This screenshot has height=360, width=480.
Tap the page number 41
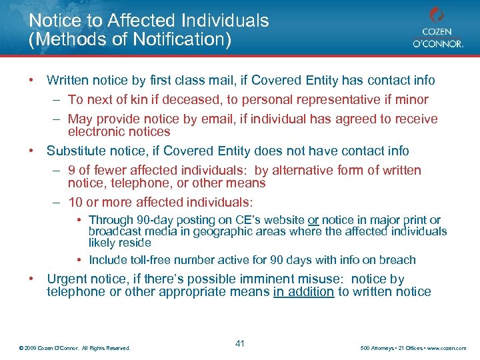240,343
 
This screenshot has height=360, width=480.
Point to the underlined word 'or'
313,220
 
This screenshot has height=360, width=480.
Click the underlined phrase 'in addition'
303,291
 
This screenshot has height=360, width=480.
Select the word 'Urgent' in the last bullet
67,279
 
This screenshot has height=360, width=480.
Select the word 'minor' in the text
413,100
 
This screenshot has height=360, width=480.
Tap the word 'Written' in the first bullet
68,81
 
